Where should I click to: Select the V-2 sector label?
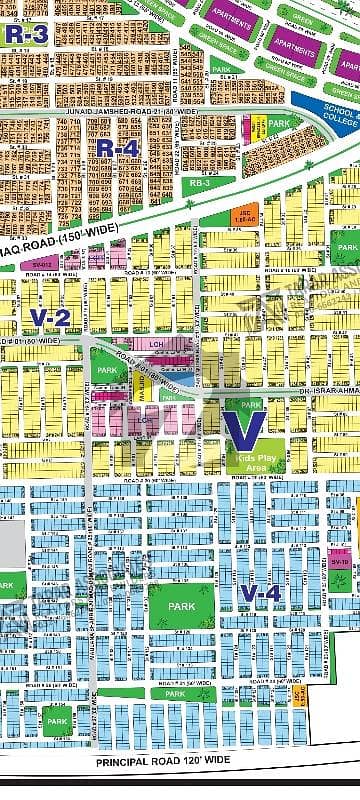point(49,318)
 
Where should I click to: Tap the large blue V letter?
point(244,427)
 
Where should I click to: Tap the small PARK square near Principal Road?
point(57,721)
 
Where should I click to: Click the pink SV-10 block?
point(339,562)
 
